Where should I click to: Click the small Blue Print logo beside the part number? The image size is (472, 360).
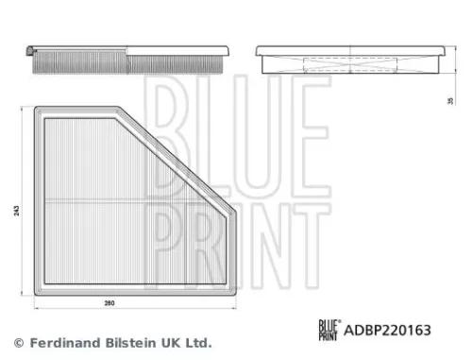pos(327,331)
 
